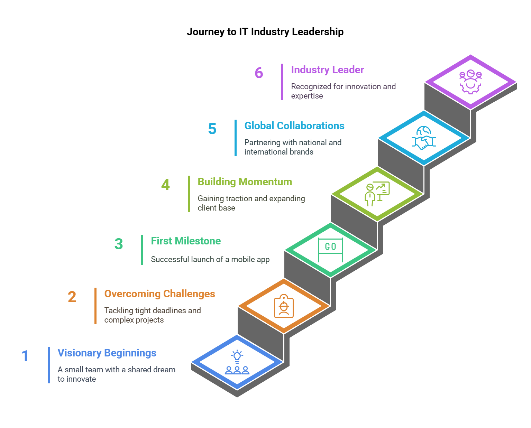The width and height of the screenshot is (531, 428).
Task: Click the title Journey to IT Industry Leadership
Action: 265,32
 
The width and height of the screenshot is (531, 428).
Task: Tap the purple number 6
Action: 259,73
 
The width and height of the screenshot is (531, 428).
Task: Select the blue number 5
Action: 212,129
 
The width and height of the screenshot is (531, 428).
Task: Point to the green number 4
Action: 165,185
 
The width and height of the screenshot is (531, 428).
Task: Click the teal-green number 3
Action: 119,244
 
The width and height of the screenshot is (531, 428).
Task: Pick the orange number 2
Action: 72,297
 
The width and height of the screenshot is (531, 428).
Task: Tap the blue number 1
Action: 25,356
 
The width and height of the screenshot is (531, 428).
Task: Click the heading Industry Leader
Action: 328,70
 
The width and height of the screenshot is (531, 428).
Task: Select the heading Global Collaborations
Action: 294,126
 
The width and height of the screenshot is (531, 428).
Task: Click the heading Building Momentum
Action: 245,182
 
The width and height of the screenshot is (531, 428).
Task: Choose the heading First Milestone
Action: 186,241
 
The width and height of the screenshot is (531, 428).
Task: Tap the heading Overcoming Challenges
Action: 159,294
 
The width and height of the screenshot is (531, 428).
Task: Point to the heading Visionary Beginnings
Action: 107,353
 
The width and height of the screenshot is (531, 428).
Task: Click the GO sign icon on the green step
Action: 330,250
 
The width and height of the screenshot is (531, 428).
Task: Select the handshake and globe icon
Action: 424,138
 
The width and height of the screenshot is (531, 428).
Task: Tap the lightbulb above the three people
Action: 237,356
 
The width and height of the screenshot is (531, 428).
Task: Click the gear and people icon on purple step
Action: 470,82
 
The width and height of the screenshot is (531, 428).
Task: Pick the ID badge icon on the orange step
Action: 284,306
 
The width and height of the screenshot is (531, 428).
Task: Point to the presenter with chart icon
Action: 377,194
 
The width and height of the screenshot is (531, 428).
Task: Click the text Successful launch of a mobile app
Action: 210,260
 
